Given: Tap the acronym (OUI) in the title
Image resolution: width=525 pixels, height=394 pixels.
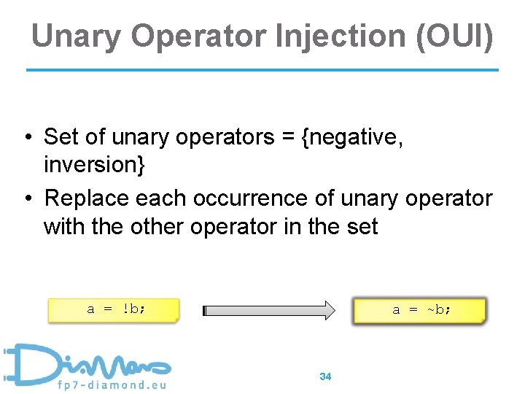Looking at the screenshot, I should [454, 36].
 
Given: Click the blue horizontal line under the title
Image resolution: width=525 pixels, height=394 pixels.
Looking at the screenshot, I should [262, 70].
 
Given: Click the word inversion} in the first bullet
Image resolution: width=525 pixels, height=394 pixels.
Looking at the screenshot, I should [95, 165].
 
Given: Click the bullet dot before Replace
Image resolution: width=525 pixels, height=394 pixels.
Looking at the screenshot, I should [26, 198].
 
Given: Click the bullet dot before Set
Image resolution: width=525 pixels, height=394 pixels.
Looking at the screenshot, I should [26, 137].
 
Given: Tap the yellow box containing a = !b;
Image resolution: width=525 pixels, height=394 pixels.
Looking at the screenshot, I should [113, 309].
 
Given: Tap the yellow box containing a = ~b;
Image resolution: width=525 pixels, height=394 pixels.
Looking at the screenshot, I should [419, 309].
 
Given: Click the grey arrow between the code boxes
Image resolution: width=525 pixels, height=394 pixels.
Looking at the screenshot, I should [268, 310].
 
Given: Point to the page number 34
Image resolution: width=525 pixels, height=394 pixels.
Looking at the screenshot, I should [325, 376].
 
